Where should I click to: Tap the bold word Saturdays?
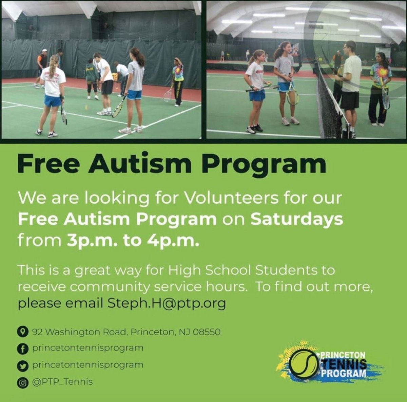296,219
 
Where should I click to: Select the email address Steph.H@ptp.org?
167,304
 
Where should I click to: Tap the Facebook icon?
22,349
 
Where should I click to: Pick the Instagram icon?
22,382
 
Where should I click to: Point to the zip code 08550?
207,332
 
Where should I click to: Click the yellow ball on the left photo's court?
86,108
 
